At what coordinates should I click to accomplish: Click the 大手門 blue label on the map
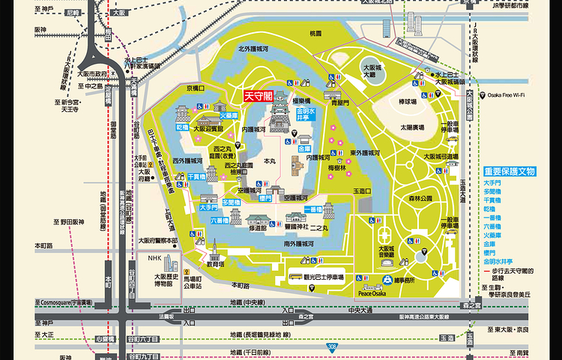[x=208, y=205]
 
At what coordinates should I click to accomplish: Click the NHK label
[x=154, y=258]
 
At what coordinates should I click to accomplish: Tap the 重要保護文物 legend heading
[x=510, y=172]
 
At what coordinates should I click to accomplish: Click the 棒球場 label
[x=408, y=100]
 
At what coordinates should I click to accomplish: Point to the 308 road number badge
[x=332, y=346]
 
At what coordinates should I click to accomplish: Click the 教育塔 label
[x=216, y=264]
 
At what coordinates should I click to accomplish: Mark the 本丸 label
[x=274, y=160]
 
